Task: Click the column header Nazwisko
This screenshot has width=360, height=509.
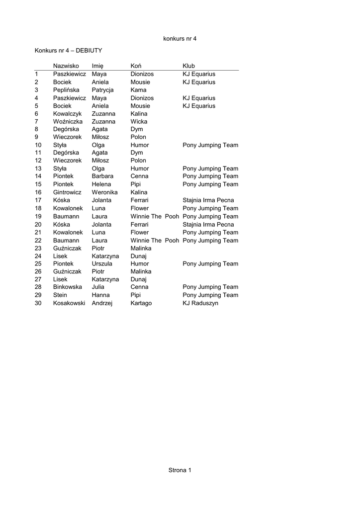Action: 66,66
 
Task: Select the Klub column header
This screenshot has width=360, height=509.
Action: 189,66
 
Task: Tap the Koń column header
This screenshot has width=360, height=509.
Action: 136,66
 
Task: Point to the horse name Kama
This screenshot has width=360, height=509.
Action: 139,90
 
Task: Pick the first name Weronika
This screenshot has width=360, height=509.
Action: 105,192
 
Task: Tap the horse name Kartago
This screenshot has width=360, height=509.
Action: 141,303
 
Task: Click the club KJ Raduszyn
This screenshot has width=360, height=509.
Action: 200,303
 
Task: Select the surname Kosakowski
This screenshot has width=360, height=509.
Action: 69,303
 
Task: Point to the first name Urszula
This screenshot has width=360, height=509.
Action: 102,263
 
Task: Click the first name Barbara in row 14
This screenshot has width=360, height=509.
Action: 102,176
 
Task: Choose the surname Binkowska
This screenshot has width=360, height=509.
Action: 68,287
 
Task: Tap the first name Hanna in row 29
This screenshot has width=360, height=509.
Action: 100,295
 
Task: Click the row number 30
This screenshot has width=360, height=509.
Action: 38,303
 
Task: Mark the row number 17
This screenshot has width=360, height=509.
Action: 38,200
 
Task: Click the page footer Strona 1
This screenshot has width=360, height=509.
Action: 180,470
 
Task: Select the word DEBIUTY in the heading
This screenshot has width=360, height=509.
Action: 89,50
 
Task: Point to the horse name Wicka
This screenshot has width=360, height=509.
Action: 138,121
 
